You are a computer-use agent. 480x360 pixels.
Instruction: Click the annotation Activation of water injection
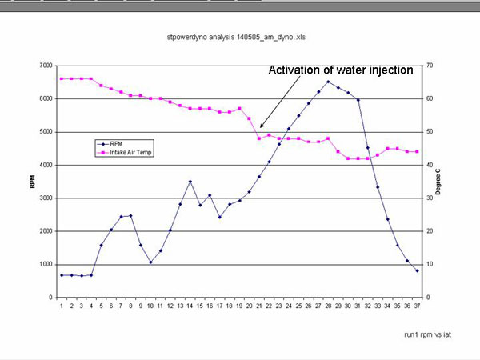tap(341, 70)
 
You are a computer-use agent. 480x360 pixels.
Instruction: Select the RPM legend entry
tap(115, 143)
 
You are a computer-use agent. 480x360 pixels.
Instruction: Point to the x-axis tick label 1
tap(62, 305)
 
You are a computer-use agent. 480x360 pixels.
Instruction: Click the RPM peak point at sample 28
tap(327, 82)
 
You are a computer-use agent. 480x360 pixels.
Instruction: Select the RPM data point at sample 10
tap(150, 262)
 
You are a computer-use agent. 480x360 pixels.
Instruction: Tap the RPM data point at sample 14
tap(190, 182)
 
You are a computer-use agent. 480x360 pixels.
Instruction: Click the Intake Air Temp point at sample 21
tap(258, 138)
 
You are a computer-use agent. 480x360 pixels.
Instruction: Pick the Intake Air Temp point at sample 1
tap(62, 78)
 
